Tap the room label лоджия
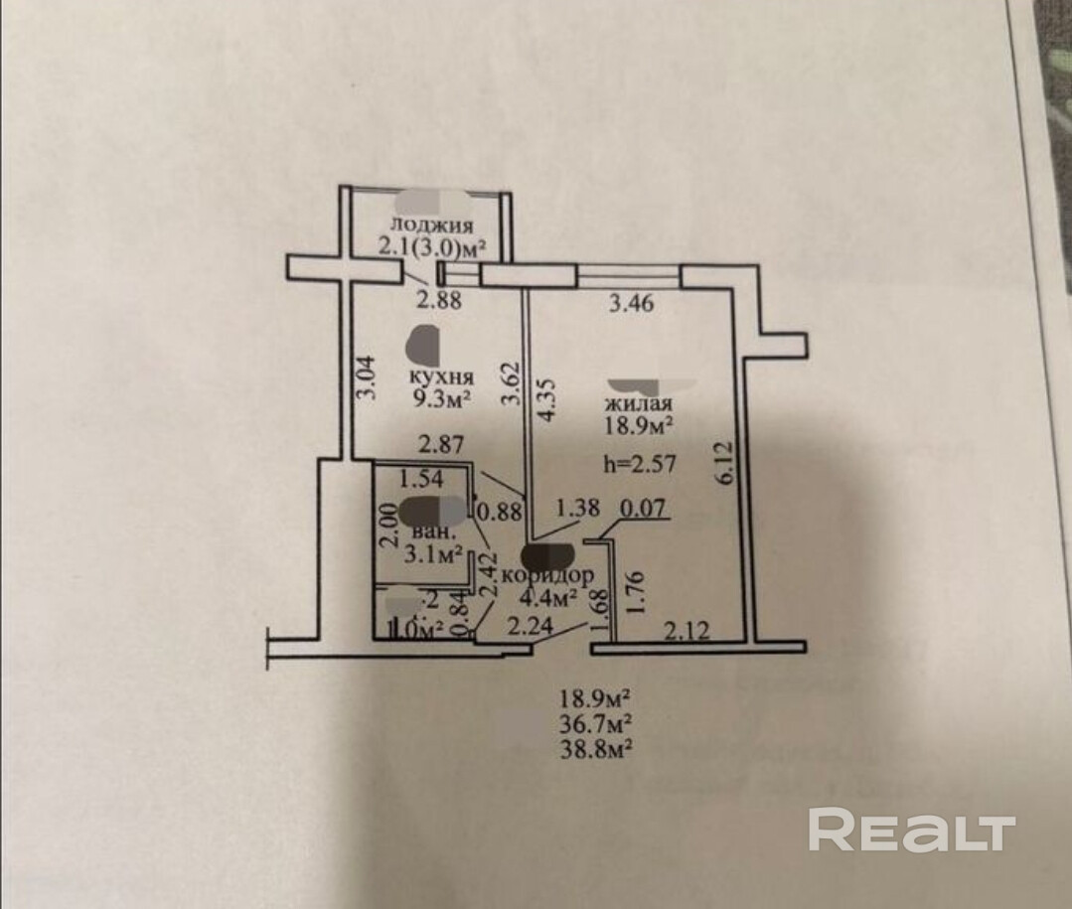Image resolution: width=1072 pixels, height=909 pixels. pos(431,225)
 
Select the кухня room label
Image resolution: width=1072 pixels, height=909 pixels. pos(441,378)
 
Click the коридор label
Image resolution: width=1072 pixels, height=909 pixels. pos(549,575)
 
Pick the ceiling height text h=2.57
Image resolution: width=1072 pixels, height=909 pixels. pos(639,462)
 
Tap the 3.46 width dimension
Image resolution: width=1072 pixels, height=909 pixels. pos(631,305)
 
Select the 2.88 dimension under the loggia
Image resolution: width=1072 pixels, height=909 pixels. pos(437,300)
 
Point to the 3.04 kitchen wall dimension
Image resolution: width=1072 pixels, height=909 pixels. pos(366,379)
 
